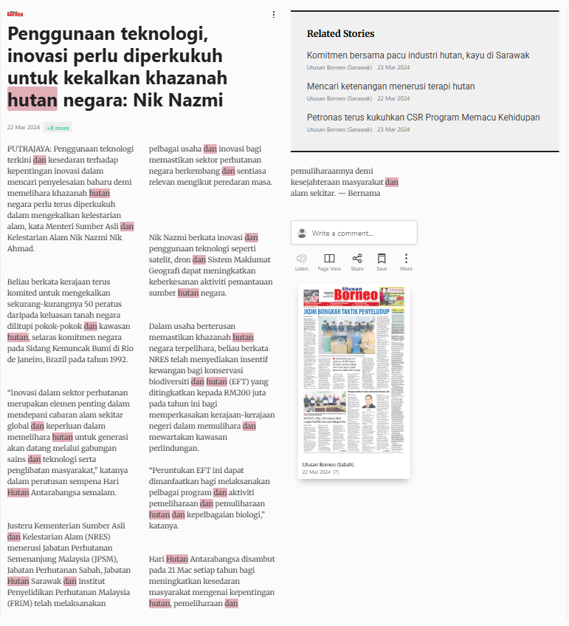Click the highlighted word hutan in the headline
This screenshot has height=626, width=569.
(32, 100)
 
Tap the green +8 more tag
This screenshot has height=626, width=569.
(58, 127)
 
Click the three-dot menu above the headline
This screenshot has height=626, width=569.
(274, 14)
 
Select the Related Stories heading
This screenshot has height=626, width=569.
(340, 33)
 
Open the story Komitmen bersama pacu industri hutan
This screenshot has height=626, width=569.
(418, 55)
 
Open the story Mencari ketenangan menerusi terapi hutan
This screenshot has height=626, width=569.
(390, 86)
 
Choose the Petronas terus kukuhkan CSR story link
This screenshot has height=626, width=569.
(423, 118)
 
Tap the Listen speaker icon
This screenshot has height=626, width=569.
(301, 259)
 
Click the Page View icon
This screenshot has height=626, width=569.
(329, 259)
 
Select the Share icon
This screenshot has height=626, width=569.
(357, 259)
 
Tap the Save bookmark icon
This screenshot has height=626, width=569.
(382, 259)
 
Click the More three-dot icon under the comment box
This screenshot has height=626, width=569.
(406, 259)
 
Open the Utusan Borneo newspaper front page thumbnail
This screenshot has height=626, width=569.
(354, 370)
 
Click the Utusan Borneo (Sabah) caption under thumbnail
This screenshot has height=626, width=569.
(328, 464)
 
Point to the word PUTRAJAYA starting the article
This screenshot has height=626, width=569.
(29, 149)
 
